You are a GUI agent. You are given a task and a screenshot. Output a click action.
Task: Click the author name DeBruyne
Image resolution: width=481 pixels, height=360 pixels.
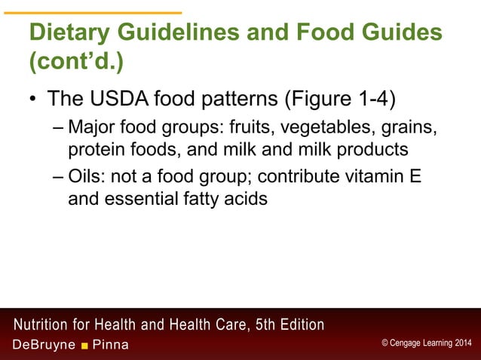tap(44, 345)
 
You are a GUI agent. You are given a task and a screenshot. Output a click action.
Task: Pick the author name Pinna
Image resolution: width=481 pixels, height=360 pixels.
tap(110, 345)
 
